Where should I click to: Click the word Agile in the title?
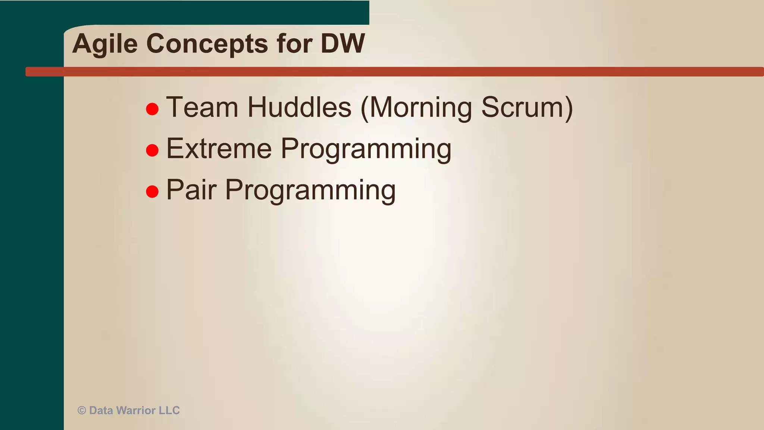(x=105, y=44)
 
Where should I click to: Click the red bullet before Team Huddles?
(x=152, y=109)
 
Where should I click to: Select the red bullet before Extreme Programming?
(x=152, y=150)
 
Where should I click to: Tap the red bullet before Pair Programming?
(x=152, y=191)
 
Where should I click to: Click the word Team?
(x=202, y=107)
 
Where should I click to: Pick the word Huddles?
(x=299, y=107)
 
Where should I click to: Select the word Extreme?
(x=219, y=149)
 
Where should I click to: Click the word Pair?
(x=191, y=190)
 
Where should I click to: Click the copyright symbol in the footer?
(x=82, y=411)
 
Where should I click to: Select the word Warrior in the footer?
(x=136, y=411)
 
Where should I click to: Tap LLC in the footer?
(x=169, y=411)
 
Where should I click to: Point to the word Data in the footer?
(x=101, y=411)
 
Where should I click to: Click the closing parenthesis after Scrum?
(x=569, y=108)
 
